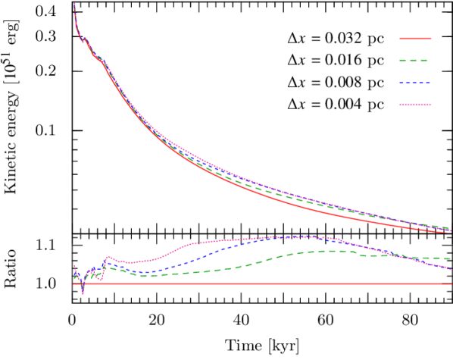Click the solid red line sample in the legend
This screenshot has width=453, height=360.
click(415, 38)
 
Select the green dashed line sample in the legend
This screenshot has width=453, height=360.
click(415, 61)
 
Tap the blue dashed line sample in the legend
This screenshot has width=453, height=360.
click(415, 83)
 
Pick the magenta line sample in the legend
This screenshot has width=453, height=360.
click(415, 104)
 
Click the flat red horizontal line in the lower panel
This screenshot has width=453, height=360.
click(265, 283)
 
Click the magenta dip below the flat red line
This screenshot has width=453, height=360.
click(83, 291)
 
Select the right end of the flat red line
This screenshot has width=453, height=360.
click(451, 283)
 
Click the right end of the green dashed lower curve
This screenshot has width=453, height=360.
click(451, 258)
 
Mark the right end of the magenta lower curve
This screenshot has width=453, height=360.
click(451, 268)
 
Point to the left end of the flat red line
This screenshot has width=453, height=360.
click(73, 283)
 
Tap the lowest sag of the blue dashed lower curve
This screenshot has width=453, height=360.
click(144, 272)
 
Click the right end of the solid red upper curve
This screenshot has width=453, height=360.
click(451, 230)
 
